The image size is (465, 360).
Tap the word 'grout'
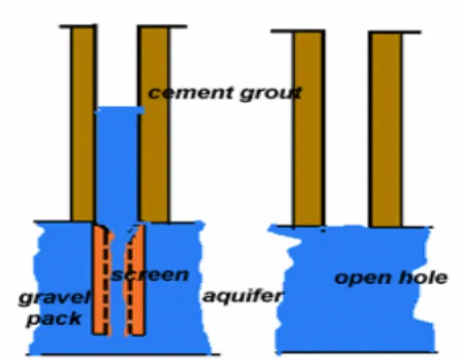pyautogui.click(x=271, y=94)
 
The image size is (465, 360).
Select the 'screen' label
pyautogui.click(x=150, y=275)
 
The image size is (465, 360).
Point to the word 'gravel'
pyautogui.click(x=54, y=298)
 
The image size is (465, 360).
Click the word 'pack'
pyautogui.click(x=54, y=319)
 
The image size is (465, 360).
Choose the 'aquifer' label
pyautogui.click(x=242, y=296)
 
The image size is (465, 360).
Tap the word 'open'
pyautogui.click(x=362, y=278)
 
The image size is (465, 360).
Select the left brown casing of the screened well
pyautogui.click(x=83, y=125)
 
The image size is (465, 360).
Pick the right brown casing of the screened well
pyautogui.click(x=154, y=125)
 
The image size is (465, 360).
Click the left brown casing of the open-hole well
pyautogui.click(x=308, y=129)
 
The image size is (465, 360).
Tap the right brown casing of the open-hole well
pyautogui.click(x=386, y=130)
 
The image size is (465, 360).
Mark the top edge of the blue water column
pyautogui.click(x=120, y=108)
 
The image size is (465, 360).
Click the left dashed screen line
pyautogui.click(x=105, y=282)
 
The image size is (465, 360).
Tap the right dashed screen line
pyautogui.click(x=130, y=282)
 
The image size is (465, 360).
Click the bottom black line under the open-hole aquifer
pyautogui.click(x=357, y=353)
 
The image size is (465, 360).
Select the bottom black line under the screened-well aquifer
pyautogui.click(x=124, y=355)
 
